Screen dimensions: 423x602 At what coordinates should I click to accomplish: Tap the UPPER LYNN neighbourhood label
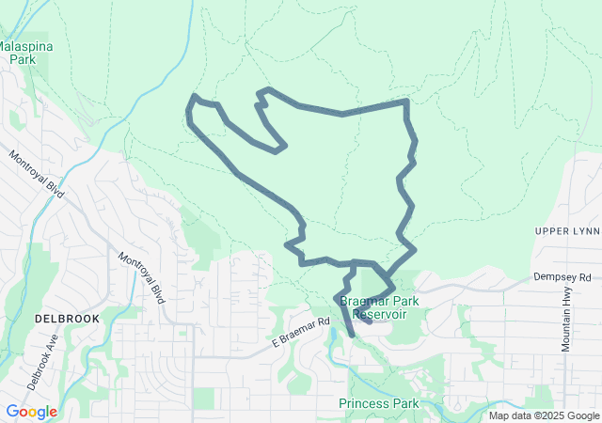565,231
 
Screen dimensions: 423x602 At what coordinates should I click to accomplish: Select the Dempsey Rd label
562,277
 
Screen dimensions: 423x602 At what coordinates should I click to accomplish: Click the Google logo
31,412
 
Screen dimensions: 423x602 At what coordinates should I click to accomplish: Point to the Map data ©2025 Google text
543,415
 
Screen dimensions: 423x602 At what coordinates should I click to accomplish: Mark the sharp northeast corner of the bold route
406,101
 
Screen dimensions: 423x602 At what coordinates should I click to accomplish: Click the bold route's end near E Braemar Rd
352,334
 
